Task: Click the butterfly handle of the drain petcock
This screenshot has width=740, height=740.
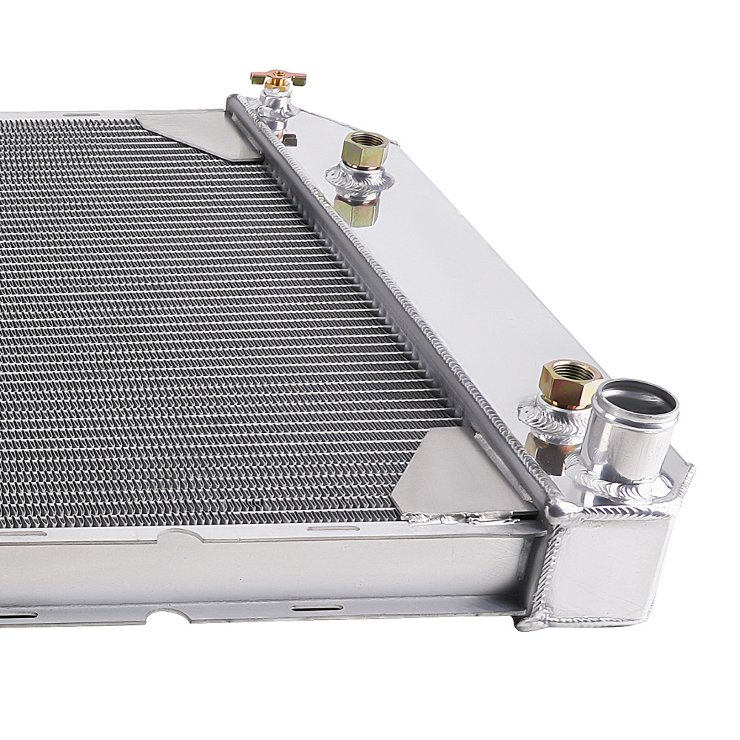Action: click(x=278, y=78)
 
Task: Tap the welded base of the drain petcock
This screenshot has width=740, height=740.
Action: click(x=275, y=111)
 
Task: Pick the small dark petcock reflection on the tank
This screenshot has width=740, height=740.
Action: click(x=289, y=139)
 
